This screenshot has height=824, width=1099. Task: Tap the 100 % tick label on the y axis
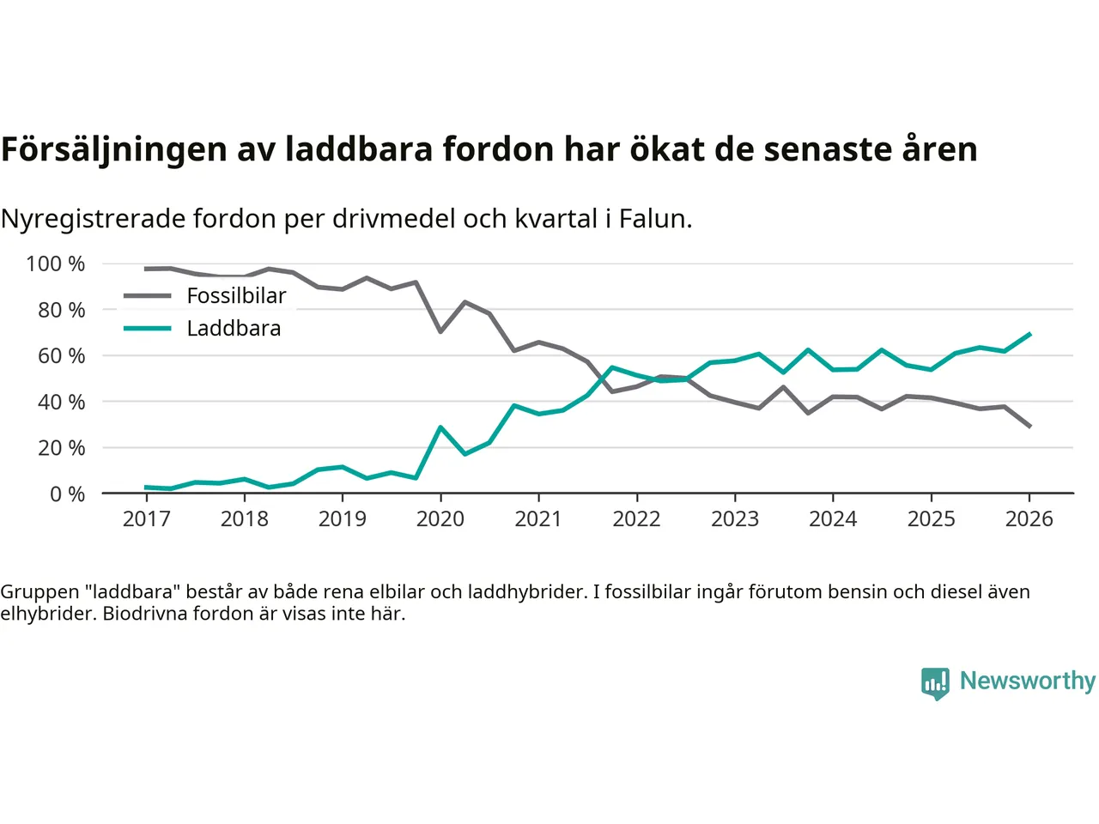pos(56,264)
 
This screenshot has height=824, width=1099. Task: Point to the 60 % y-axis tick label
pos(61,355)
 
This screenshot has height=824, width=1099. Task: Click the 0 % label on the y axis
pos(67,494)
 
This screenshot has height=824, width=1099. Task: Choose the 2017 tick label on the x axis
pos(147,518)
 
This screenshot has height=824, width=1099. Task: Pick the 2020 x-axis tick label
pos(440,518)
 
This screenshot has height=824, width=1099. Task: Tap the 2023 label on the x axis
pos(735,518)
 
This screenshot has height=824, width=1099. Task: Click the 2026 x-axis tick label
pos(1029,518)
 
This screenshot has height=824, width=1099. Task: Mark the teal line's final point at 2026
pos(1029,334)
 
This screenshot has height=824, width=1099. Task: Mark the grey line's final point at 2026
pos(1029,426)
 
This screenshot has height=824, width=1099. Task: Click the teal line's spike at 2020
pos(440,427)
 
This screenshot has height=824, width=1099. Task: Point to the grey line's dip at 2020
pos(440,331)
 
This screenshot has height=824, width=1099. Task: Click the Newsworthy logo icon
pos(935,683)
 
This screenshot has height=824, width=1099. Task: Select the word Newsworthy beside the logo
pos(1028,681)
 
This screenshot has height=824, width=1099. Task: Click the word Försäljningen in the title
pos(114,149)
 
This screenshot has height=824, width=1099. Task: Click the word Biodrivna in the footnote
pos(144,614)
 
